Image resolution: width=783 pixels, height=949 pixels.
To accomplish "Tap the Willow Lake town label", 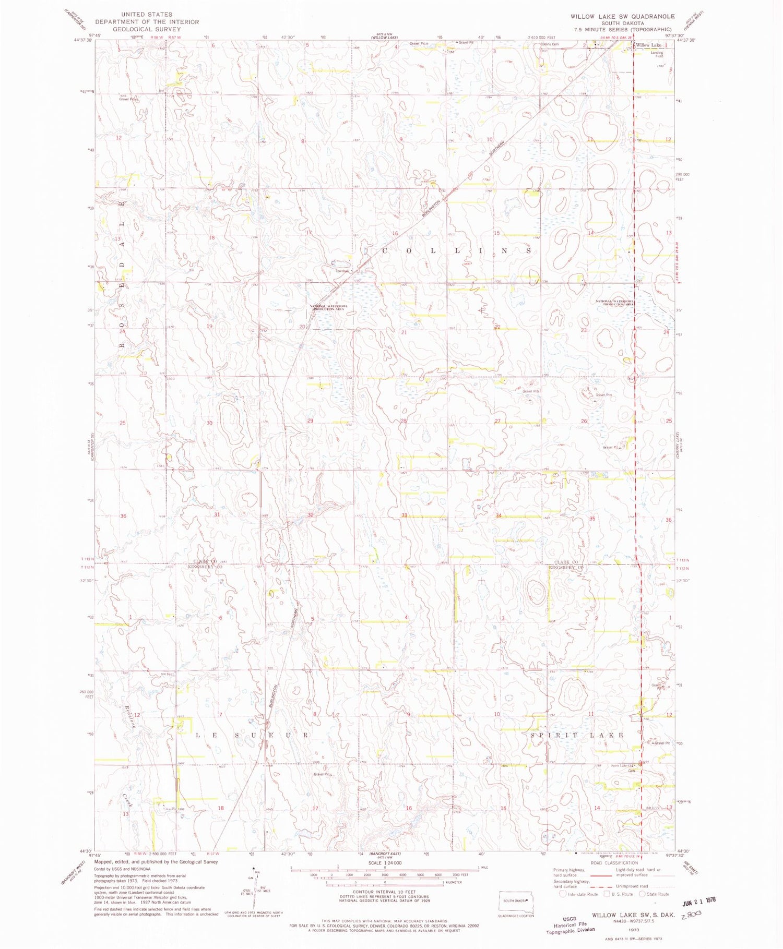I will [648, 45].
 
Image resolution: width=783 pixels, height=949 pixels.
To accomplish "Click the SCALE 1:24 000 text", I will [385, 863].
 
